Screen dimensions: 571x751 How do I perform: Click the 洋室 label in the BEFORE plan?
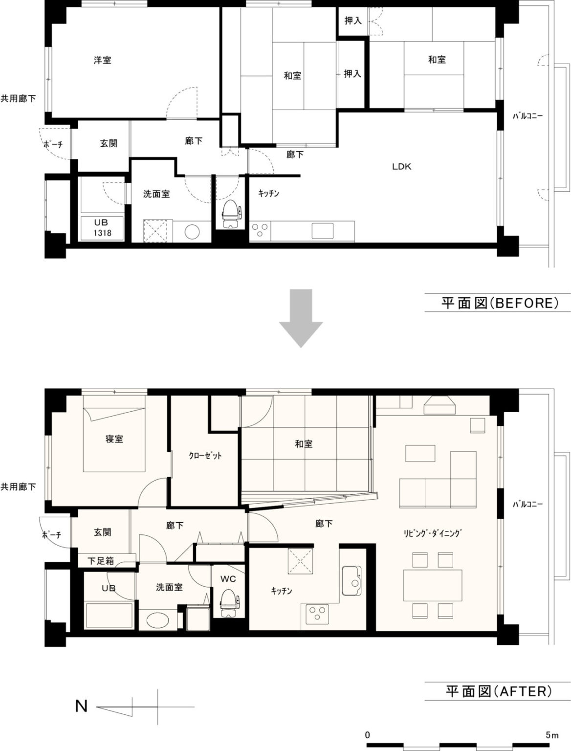click(x=102, y=60)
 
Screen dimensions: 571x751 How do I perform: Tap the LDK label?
click(x=402, y=167)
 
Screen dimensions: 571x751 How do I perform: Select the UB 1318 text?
click(x=101, y=228)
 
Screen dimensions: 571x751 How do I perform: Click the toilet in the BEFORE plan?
click(x=231, y=214)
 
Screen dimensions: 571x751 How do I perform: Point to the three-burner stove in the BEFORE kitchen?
click(x=260, y=230)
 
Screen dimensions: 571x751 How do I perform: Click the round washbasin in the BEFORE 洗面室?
click(x=192, y=232)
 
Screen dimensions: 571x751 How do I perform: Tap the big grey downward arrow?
click(x=301, y=318)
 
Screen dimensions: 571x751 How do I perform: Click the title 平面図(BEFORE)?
click(x=500, y=303)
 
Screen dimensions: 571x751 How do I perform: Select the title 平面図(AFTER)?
click(x=499, y=691)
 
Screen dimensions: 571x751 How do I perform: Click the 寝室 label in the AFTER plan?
click(x=114, y=439)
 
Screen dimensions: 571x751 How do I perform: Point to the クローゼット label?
click(x=205, y=455)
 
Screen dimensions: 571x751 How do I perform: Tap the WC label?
click(x=228, y=578)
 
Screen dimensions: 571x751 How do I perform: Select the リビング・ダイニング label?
click(x=433, y=533)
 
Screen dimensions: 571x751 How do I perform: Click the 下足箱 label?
click(x=101, y=561)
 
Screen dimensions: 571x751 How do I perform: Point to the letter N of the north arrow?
click(x=82, y=706)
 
